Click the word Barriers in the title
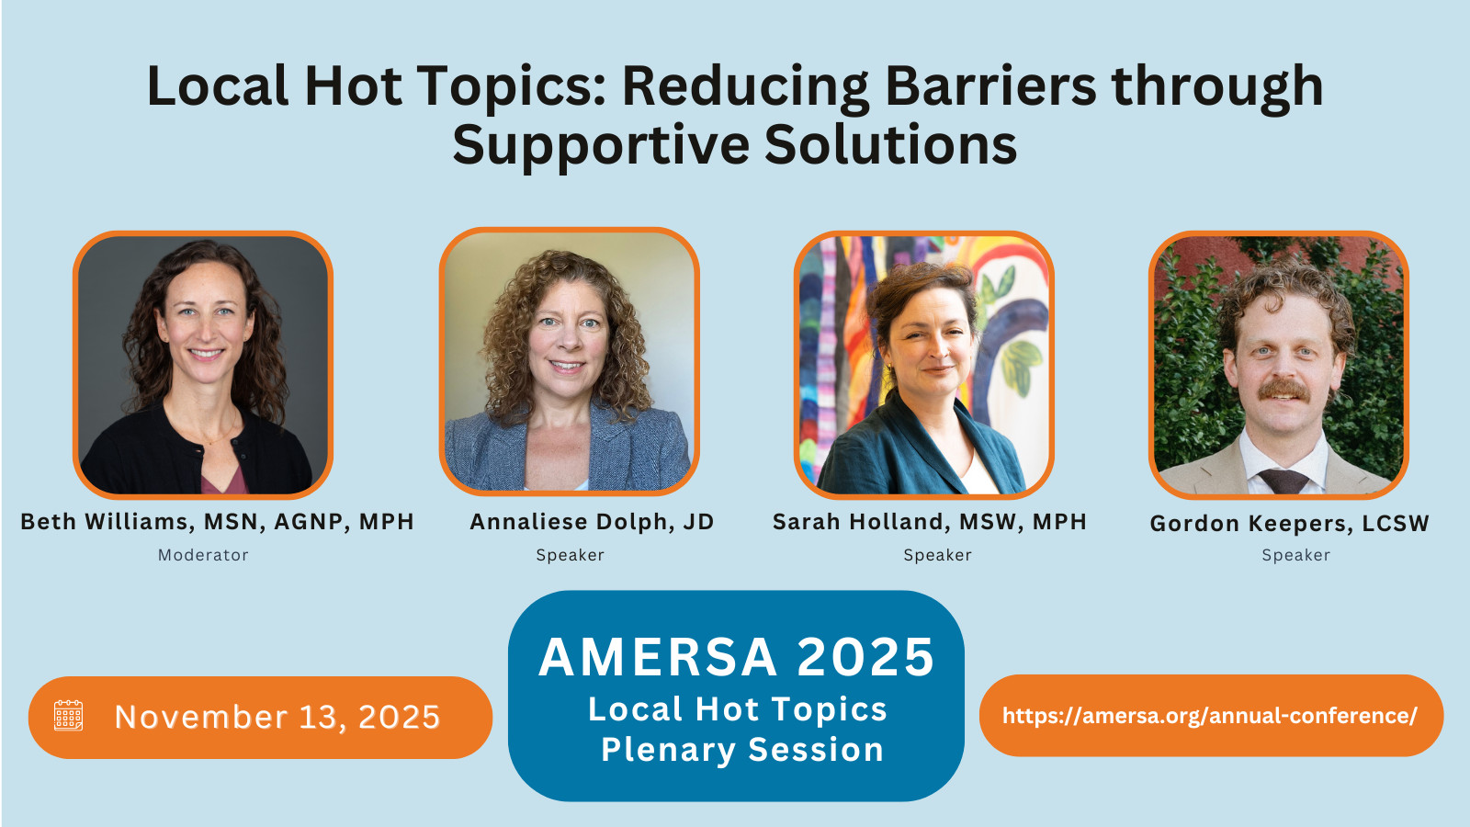[x=990, y=86]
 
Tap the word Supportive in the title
[x=601, y=146]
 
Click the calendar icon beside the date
[x=68, y=716]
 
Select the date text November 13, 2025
[x=277, y=717]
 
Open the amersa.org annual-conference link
[x=1210, y=716]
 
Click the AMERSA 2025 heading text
[x=736, y=656]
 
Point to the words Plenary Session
[x=742, y=750]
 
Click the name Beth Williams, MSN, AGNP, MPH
[x=217, y=522]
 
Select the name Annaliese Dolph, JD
[x=592, y=522]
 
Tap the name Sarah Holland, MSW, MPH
[x=929, y=522]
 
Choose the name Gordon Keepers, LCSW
[x=1290, y=523]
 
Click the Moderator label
[x=203, y=555]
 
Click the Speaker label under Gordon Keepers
[x=1296, y=555]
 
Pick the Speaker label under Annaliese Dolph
[x=571, y=555]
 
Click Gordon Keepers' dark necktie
[x=1283, y=481]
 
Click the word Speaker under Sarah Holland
[x=938, y=555]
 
